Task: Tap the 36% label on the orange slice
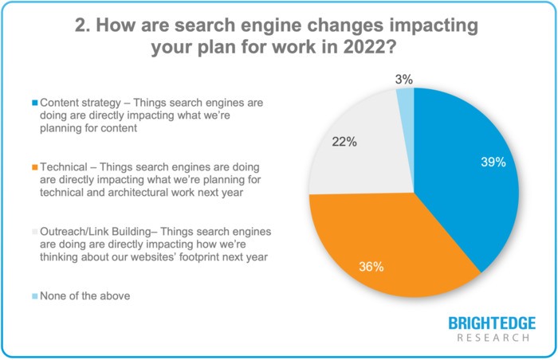(x=371, y=267)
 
